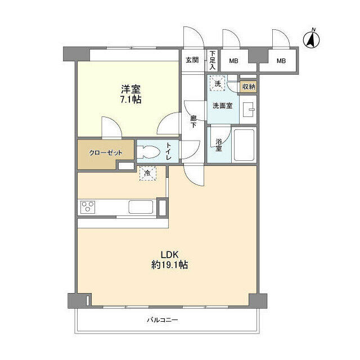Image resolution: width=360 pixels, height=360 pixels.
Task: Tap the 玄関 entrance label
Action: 192,60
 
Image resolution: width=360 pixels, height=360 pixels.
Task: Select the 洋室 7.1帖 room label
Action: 130,94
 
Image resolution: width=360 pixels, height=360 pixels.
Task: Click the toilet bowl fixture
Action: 148,151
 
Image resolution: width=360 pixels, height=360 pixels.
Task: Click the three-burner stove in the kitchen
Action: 89,206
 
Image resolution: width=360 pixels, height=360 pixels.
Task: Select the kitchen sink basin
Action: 142,206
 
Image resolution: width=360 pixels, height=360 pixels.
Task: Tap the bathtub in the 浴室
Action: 245,145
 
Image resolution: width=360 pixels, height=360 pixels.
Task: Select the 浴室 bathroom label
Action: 218,145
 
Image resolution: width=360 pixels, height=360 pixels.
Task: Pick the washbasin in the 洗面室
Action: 247,108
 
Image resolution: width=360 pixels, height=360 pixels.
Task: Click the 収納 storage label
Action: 248,86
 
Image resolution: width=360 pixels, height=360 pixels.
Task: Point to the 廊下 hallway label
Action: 193,121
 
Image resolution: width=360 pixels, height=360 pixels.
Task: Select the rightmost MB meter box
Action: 281,61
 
